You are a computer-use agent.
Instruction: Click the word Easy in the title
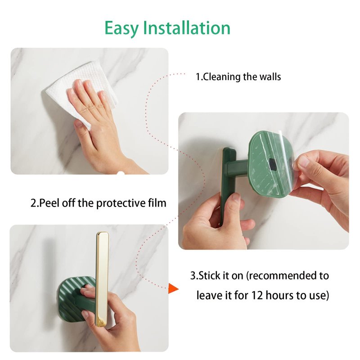[x=121, y=28]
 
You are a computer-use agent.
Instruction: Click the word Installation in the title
[x=187, y=27]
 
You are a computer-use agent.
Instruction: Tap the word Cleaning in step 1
[x=222, y=76]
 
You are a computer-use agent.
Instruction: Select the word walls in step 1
[x=270, y=76]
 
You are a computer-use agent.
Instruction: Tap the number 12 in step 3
[x=257, y=296]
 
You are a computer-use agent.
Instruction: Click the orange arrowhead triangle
[x=173, y=288]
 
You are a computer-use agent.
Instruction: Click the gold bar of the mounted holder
[x=102, y=279]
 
